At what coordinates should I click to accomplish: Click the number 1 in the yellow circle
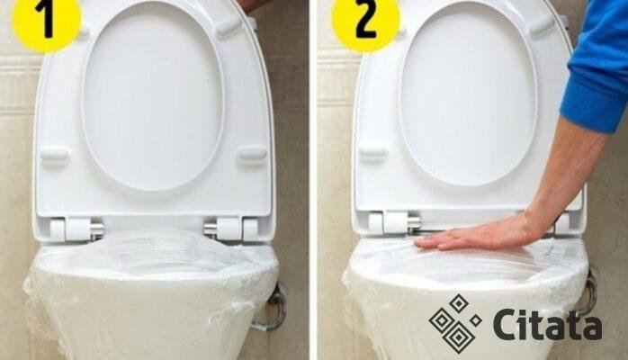(x=48, y=19)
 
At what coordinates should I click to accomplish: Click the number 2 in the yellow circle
(x=365, y=19)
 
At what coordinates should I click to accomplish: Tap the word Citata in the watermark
(x=548, y=324)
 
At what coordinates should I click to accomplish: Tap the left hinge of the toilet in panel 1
(x=76, y=229)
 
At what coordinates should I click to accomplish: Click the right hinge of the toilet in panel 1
(x=231, y=229)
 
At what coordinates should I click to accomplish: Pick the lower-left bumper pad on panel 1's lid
(x=54, y=154)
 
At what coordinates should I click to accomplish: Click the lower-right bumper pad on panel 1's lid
(x=252, y=153)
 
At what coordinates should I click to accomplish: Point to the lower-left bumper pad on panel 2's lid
(x=372, y=152)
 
